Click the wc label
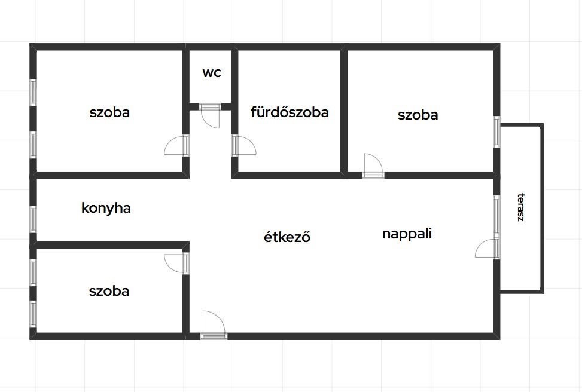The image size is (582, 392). (x=212, y=73)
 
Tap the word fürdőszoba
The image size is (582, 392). (x=290, y=112)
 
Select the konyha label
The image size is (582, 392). (x=106, y=208)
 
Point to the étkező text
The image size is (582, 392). (x=287, y=237)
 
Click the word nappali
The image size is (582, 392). (x=407, y=234)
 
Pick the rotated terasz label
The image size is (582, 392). (x=521, y=207)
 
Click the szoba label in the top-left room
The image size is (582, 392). (x=109, y=112)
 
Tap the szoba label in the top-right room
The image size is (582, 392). (x=418, y=115)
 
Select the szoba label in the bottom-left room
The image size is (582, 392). (x=109, y=291)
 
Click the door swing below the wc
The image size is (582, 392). (x=210, y=116)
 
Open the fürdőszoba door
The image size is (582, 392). (x=244, y=145)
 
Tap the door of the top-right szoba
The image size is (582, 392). (x=373, y=166)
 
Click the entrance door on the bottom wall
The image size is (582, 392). (x=214, y=325)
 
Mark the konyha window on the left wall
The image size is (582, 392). (x=33, y=219)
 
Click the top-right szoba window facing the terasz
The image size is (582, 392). (x=496, y=132)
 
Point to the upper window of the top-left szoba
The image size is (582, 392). (x=33, y=93)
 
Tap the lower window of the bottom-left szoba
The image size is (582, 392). (x=33, y=314)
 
